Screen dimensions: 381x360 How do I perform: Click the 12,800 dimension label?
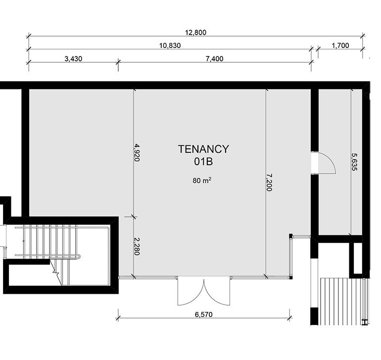(195, 33)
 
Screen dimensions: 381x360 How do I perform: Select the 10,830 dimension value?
(170, 45)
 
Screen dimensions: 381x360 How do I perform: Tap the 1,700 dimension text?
(340, 45)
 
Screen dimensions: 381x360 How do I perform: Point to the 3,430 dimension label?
(73, 59)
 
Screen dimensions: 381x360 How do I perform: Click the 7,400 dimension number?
(215, 59)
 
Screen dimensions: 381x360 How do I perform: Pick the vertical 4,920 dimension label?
(137, 152)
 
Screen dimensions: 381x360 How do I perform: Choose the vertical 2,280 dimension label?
(137, 246)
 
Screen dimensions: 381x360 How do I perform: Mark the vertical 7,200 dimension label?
(269, 182)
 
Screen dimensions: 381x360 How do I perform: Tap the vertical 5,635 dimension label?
(354, 162)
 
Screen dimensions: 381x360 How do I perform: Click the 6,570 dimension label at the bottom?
(204, 315)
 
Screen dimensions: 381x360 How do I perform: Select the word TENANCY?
(203, 149)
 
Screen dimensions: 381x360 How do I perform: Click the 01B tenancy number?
(203, 162)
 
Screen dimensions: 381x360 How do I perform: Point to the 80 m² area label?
(202, 180)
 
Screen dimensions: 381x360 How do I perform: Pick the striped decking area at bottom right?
(342, 302)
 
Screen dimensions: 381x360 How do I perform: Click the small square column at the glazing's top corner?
(290, 235)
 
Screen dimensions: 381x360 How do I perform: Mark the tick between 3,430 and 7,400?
(118, 62)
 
